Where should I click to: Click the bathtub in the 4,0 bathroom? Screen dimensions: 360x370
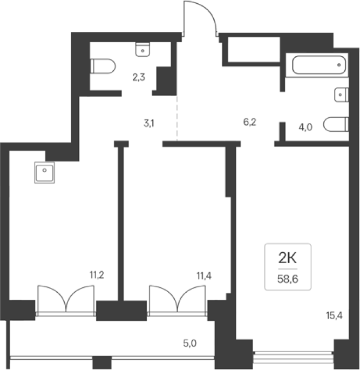pos(319,65)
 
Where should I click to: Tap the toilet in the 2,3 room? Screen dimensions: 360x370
pos(103,66)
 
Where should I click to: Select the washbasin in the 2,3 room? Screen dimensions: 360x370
pos(142,50)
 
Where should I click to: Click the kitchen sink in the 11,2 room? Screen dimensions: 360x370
pos(44,172)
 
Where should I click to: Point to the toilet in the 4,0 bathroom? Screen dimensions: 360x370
pos(336,124)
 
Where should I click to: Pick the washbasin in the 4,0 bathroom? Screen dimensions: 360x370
pos(341,95)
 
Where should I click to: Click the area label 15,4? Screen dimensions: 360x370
pos(334,315)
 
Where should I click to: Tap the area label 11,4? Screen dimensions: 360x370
pos(204,275)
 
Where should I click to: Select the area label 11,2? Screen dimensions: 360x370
pos(97,275)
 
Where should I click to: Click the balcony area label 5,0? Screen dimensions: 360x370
pos(190,344)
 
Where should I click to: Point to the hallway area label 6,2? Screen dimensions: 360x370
pos(250,122)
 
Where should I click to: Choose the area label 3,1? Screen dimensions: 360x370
pos(149,123)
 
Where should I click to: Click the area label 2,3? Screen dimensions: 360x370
pos(139,77)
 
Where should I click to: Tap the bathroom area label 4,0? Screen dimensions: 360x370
pos(305,127)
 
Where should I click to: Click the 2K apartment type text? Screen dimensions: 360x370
pos(288,258)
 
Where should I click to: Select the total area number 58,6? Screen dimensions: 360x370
pos(288,279)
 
